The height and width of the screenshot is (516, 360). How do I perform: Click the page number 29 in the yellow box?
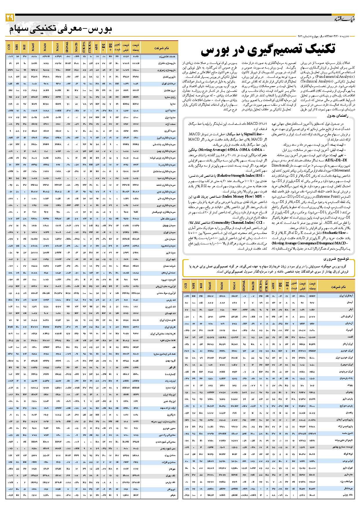tap(10, 18)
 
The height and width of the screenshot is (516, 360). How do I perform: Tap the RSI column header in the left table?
tap(24, 46)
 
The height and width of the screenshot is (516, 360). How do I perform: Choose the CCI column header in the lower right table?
tap(186, 286)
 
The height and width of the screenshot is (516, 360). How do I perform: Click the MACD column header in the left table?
tap(76, 46)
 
